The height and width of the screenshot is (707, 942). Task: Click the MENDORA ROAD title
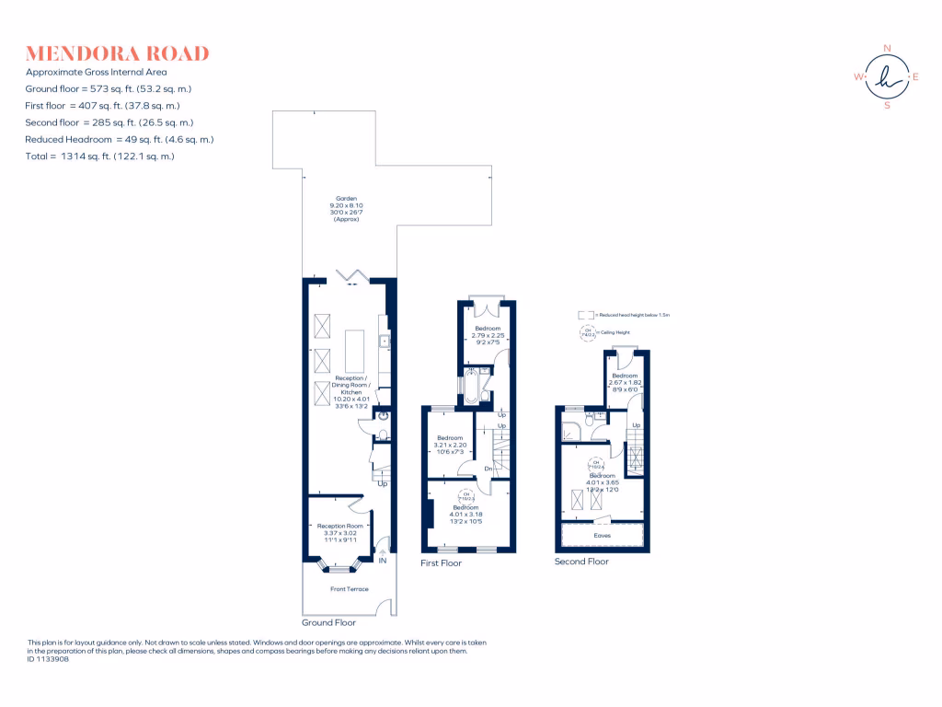tap(118, 53)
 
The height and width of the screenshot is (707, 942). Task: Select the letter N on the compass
tap(887, 48)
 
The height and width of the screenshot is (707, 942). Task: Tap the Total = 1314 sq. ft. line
tap(100, 156)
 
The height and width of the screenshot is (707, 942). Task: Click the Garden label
tap(347, 199)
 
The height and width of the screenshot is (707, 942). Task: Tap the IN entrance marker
tap(382, 559)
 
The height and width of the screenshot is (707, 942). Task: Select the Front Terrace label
tap(350, 588)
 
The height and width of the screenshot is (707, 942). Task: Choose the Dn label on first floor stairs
tap(490, 469)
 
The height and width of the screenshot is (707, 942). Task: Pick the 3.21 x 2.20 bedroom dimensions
tap(450, 446)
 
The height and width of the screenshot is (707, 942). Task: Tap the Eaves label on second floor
tap(603, 533)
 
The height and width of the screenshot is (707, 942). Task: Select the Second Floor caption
tap(581, 561)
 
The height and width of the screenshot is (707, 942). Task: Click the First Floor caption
tap(442, 562)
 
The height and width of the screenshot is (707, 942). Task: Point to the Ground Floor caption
tap(328, 622)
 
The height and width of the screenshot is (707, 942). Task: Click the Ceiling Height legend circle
tap(586, 333)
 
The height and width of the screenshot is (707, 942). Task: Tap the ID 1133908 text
tap(48, 659)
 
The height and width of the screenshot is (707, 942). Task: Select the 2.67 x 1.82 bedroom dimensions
tap(626, 383)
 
